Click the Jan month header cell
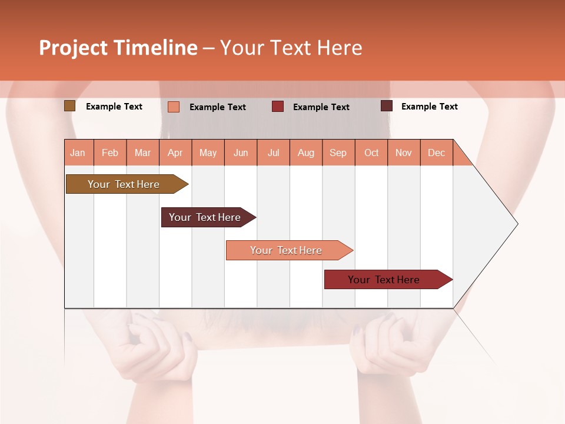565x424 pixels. click(78, 153)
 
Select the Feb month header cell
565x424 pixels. click(110, 153)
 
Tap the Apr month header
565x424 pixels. click(175, 153)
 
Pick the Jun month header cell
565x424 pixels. click(241, 153)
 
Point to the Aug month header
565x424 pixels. click(306, 153)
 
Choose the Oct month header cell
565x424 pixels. click(371, 153)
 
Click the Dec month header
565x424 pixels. click(437, 153)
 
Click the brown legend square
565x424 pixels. click(69, 106)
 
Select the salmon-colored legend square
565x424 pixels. click(174, 107)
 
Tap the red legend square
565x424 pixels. click(278, 107)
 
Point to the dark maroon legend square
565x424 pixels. click(387, 106)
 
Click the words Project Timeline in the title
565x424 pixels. click(118, 48)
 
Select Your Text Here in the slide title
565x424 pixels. click(291, 48)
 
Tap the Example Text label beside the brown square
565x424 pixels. click(114, 107)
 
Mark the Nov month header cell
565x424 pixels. click(404, 153)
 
